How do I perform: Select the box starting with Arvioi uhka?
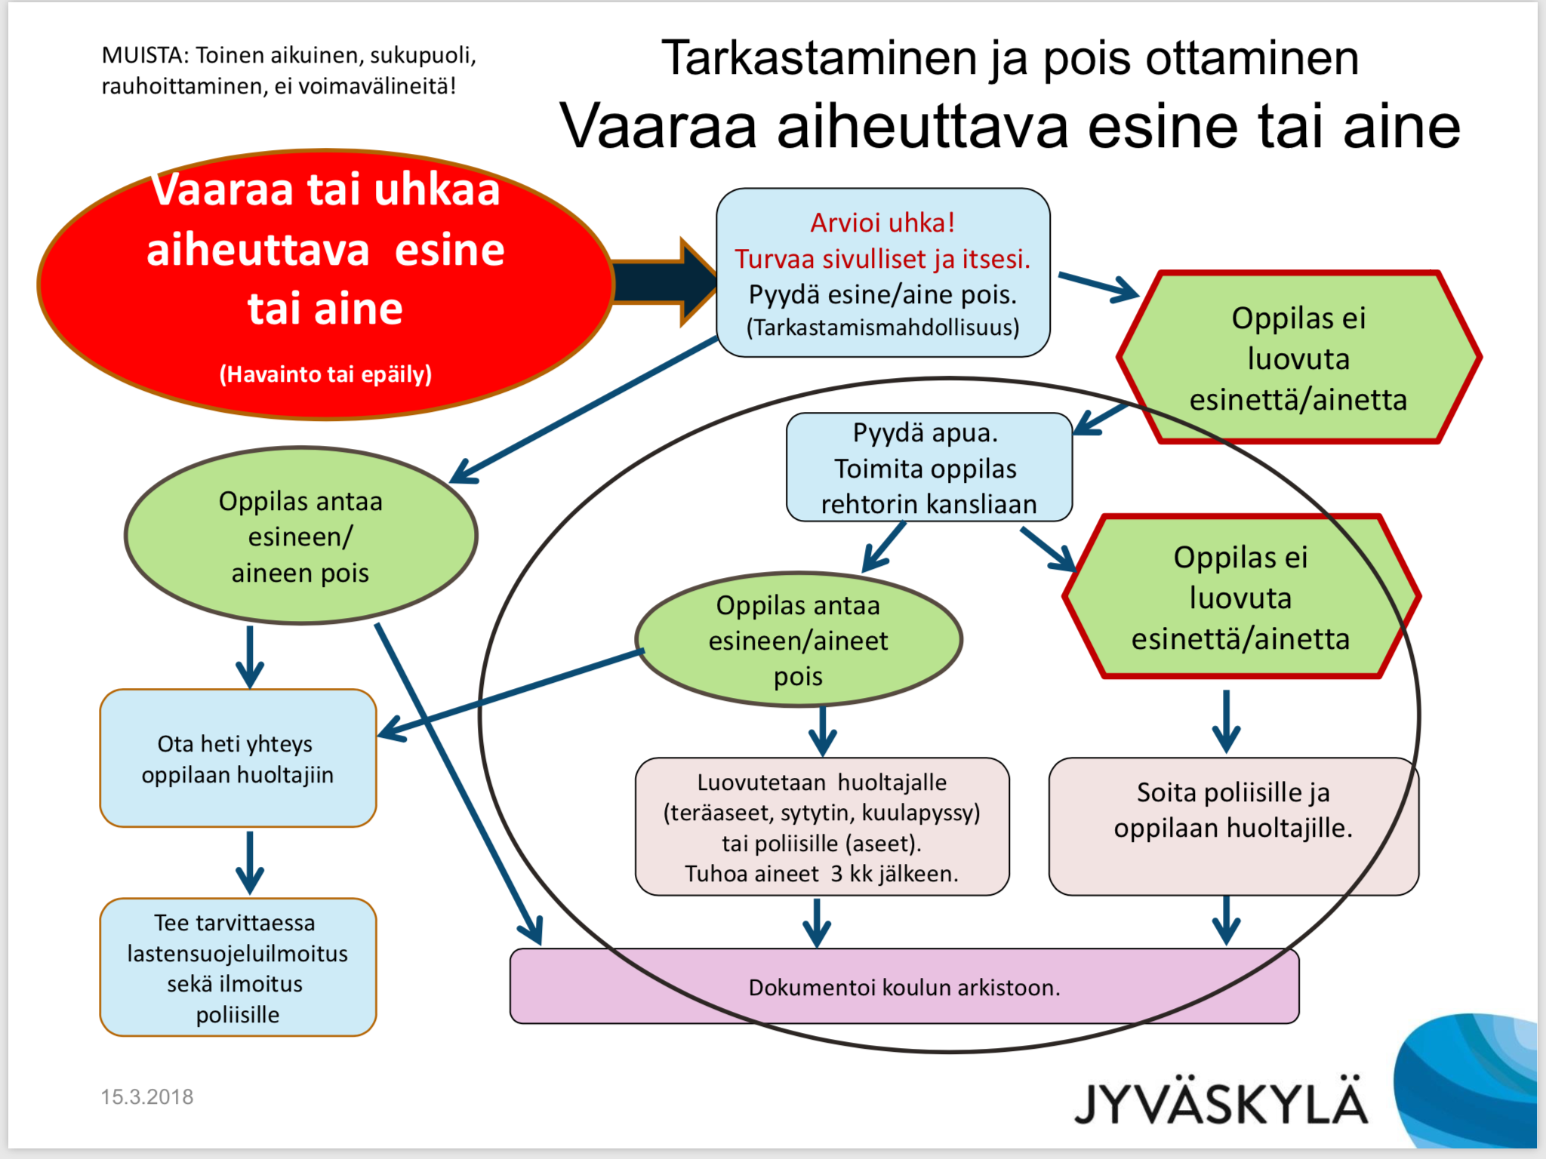tap(883, 272)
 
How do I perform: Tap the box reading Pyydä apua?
tap(929, 467)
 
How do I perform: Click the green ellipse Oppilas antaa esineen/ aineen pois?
tap(300, 536)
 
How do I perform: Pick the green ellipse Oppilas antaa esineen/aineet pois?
tap(799, 639)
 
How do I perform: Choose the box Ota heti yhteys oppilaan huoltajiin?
tap(238, 758)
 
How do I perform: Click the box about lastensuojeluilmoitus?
tap(238, 967)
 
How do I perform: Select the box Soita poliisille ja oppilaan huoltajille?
tap(1233, 826)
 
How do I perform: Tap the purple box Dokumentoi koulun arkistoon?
tap(904, 986)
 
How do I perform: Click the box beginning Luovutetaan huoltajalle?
tap(822, 826)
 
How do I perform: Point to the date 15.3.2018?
tap(147, 1096)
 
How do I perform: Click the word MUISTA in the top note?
tap(144, 55)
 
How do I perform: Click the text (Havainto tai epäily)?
tap(325, 374)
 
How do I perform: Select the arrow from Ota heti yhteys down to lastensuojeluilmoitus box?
tap(250, 862)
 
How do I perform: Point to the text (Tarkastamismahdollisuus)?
tap(883, 327)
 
